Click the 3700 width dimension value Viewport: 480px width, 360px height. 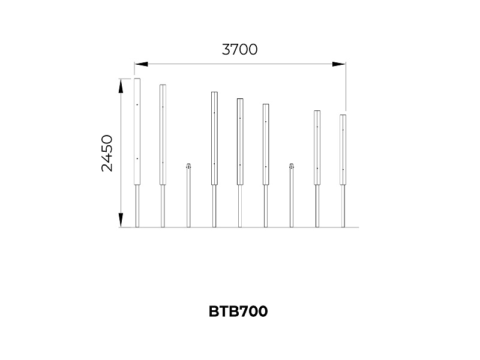coord(239,50)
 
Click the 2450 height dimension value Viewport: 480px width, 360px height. coord(107,153)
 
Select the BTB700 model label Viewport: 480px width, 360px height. coord(238,311)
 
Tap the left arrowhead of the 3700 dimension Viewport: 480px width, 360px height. coord(141,64)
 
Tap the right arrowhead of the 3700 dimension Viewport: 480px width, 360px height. coord(339,64)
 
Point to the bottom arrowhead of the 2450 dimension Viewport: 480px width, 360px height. coord(121,220)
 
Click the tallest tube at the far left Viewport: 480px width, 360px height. coord(137,131)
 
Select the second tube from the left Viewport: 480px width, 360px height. coord(163,134)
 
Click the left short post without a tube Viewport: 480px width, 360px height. coord(188,196)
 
